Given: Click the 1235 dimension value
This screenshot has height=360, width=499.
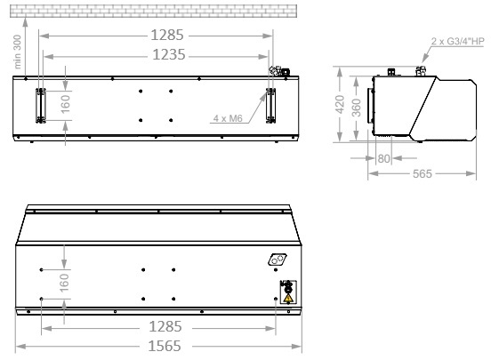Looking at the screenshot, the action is click(x=169, y=55).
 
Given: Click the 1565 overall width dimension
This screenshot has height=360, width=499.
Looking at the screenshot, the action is click(x=165, y=346).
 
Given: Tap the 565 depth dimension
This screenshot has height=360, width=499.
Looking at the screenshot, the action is click(x=423, y=173).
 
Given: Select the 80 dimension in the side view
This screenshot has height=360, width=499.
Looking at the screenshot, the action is click(x=383, y=158).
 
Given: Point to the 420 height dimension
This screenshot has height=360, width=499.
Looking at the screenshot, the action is click(x=340, y=104).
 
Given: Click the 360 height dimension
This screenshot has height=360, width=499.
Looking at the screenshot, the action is click(x=357, y=108).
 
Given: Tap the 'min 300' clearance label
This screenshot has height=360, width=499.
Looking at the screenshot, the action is click(x=18, y=52).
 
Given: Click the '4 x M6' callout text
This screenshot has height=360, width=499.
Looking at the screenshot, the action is click(x=228, y=118).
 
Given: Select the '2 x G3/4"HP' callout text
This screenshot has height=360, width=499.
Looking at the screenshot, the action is click(x=457, y=42).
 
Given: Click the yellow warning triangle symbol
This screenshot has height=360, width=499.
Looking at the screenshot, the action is click(x=288, y=298).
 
